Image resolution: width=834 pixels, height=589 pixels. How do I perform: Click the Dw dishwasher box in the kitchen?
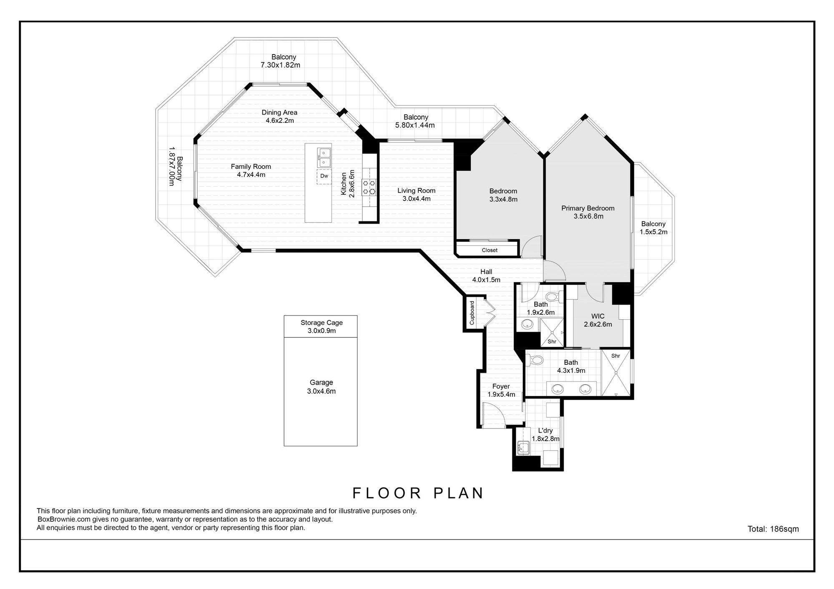[324, 176]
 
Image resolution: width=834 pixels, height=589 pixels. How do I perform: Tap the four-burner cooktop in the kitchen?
[369, 187]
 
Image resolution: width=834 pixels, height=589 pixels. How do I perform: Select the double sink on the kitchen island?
[324, 157]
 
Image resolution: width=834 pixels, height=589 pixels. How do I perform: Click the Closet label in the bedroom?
[490, 250]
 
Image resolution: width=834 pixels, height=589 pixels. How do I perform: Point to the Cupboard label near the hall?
[472, 313]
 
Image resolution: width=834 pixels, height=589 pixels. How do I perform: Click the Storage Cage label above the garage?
[322, 323]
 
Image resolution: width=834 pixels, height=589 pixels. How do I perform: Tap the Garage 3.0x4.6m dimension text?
[322, 391]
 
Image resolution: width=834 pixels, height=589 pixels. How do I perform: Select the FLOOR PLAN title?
[418, 493]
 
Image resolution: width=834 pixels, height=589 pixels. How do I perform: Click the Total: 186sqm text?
[773, 529]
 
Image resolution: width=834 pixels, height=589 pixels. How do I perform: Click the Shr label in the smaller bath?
[552, 342]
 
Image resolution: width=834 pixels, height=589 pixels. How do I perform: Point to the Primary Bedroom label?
[588, 208]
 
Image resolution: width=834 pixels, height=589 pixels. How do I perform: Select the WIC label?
[598, 316]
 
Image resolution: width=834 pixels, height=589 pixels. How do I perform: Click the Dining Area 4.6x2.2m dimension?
[280, 121]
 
